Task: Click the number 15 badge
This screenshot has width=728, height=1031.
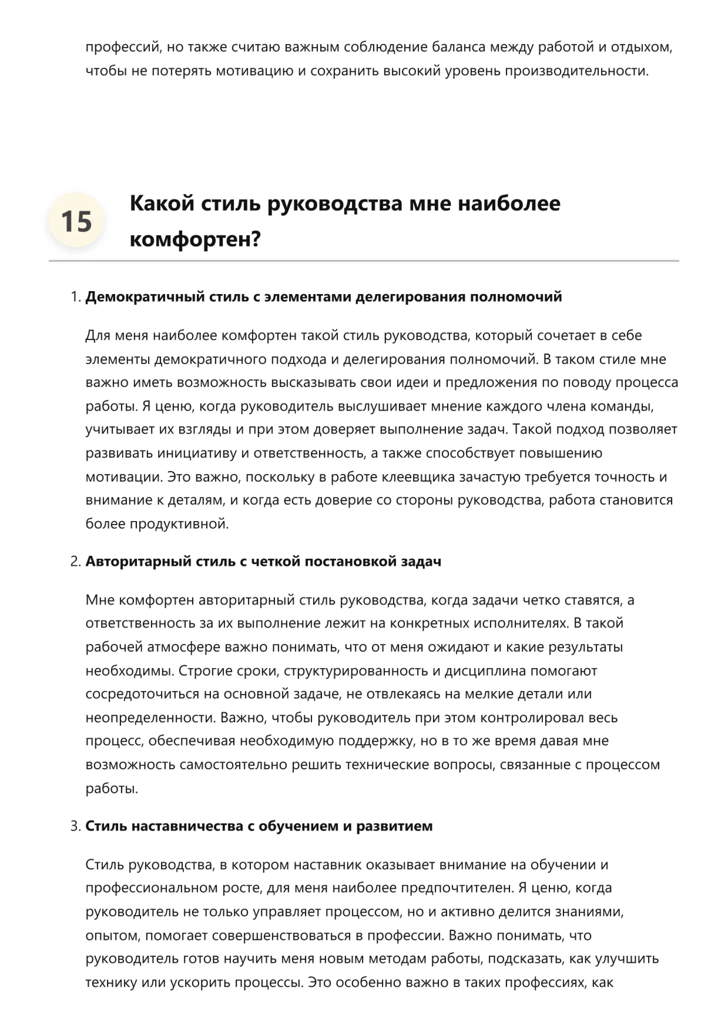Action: pos(76,222)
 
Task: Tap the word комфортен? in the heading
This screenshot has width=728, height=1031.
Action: pos(195,240)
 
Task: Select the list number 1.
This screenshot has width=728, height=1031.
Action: pos(75,297)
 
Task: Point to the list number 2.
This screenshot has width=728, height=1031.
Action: pos(75,562)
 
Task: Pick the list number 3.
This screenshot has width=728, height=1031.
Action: pos(75,826)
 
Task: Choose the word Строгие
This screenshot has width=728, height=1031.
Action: pos(206,671)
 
